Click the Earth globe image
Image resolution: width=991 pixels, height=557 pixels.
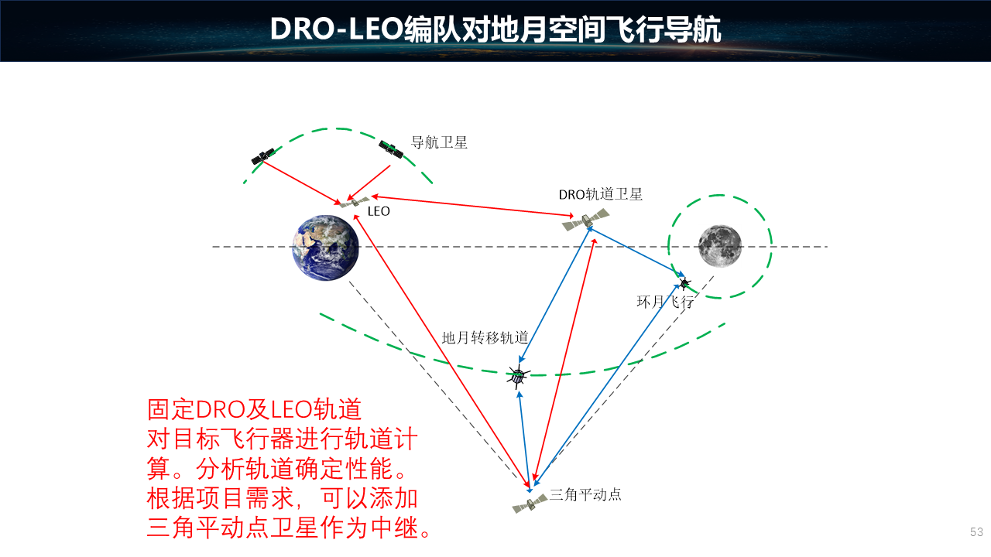(326, 248)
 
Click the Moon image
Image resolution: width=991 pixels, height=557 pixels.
(720, 246)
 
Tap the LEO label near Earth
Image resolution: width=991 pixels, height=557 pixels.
(379, 211)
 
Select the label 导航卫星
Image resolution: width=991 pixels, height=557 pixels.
(439, 142)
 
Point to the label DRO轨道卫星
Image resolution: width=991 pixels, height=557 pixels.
(600, 194)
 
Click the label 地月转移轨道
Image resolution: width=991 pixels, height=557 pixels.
(485, 338)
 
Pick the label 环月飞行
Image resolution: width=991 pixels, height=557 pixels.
(665, 302)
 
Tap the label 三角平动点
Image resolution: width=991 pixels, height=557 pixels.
(585, 494)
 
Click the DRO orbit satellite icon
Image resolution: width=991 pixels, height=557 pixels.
(586, 220)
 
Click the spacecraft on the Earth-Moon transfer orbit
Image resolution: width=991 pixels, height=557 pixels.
(518, 376)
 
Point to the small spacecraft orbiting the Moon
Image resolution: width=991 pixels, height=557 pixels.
(684, 282)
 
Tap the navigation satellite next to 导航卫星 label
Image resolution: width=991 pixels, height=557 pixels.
(391, 149)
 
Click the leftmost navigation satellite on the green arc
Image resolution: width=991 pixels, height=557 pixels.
(262, 156)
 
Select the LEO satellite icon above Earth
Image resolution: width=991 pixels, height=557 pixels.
(354, 202)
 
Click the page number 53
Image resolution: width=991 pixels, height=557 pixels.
(976, 531)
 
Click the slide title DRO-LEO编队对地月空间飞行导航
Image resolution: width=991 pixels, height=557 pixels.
(495, 29)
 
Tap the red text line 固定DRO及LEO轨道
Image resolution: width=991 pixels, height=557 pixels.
(255, 409)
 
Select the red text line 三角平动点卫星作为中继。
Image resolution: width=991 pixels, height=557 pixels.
(289, 528)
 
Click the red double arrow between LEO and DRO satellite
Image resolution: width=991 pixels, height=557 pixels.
(472, 206)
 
